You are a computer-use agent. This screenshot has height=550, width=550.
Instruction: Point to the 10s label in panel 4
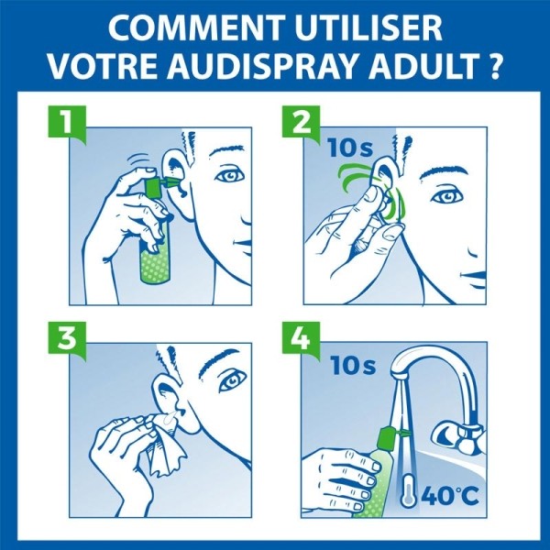point(355,367)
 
